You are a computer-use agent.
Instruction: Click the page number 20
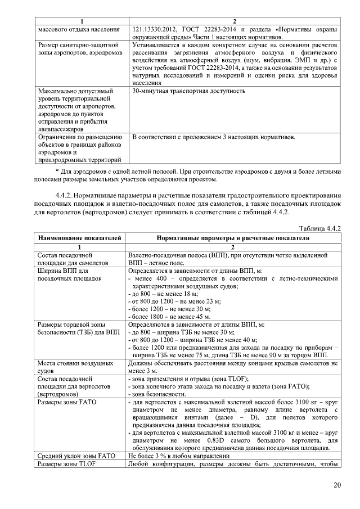coord(336,485)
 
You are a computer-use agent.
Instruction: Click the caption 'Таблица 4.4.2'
coord(321,229)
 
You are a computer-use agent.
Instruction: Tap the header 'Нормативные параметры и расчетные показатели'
coord(233,238)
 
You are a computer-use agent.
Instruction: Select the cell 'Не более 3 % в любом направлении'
coord(179,455)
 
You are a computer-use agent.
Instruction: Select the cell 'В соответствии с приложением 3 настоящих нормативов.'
coord(214,137)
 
